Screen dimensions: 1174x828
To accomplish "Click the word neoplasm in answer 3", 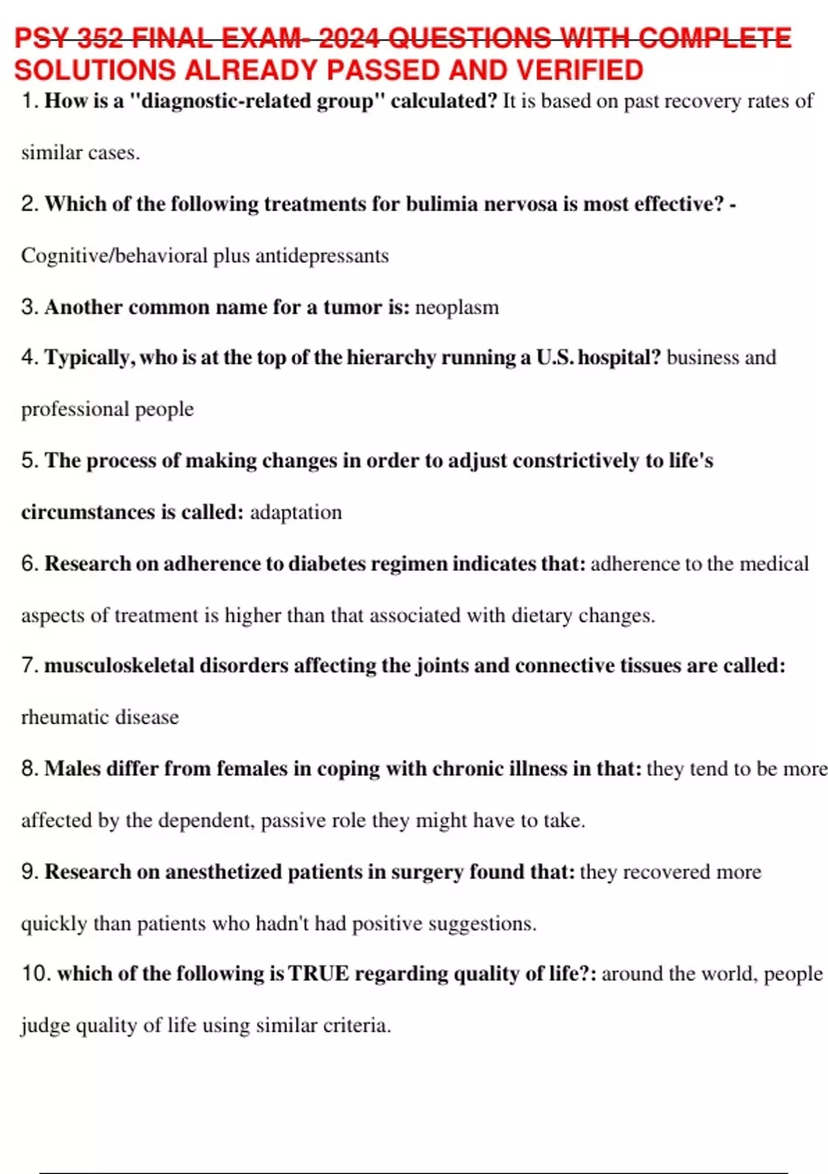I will (457, 307).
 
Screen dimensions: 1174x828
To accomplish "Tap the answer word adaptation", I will (295, 512).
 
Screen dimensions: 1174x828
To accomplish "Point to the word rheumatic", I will (65, 718).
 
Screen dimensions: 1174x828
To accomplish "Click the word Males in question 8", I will (72, 769).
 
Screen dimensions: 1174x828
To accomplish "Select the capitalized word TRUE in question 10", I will (318, 974).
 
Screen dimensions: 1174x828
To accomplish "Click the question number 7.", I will (29, 666).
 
